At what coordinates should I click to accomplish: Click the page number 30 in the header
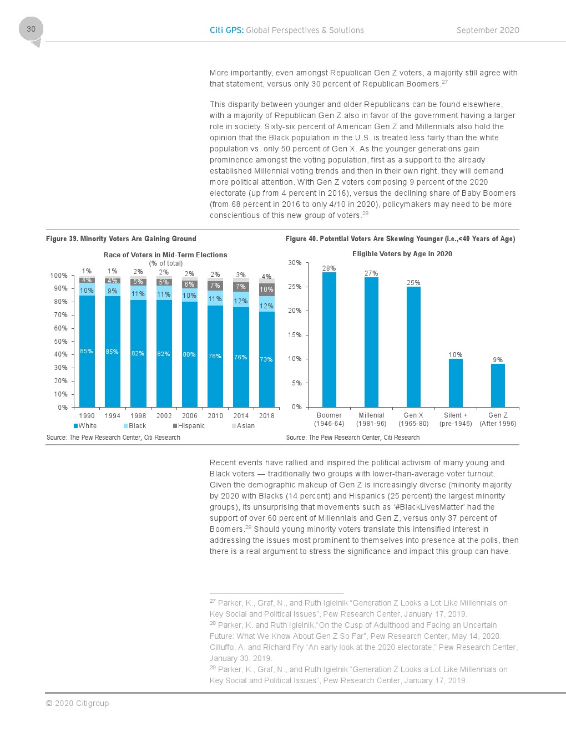pyautogui.click(x=31, y=29)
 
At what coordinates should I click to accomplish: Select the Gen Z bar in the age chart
pyautogui.click(x=498, y=385)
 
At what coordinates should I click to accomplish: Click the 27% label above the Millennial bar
pyautogui.click(x=371, y=273)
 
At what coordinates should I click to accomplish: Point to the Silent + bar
pyautogui.click(x=456, y=383)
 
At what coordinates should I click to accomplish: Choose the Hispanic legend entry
pyautogui.click(x=189, y=426)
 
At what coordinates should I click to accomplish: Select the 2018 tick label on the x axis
pyautogui.click(x=266, y=416)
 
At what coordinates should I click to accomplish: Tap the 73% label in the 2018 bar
pyautogui.click(x=266, y=359)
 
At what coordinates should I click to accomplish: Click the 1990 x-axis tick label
pyautogui.click(x=87, y=416)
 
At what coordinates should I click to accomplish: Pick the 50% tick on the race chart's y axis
pyautogui.click(x=60, y=342)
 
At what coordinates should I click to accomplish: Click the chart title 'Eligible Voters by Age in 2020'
pyautogui.click(x=402, y=254)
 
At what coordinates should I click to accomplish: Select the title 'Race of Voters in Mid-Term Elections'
pyautogui.click(x=165, y=255)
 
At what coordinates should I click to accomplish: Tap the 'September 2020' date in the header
pyautogui.click(x=488, y=30)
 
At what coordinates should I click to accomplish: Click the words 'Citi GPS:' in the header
pyautogui.click(x=226, y=30)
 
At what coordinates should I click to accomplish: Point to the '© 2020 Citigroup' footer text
pyautogui.click(x=77, y=703)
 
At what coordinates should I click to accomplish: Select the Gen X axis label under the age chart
pyautogui.click(x=413, y=415)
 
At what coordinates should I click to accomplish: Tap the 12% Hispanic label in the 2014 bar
pyautogui.click(x=241, y=301)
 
